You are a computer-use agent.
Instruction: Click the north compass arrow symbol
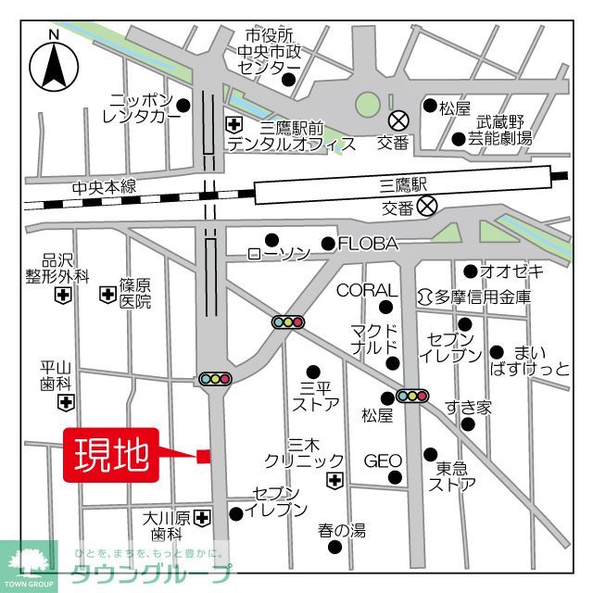[54, 64]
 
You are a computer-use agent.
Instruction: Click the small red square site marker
[204, 455]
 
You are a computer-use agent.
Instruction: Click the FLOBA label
[368, 245]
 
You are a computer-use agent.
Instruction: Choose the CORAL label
[367, 291]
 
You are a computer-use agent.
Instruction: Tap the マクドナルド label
[374, 340]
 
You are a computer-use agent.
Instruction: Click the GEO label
[382, 461]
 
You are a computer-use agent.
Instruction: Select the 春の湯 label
[342, 531]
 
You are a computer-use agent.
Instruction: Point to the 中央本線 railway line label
[104, 187]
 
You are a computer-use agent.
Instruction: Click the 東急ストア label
[453, 475]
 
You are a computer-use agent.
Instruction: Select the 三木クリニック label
[303, 452]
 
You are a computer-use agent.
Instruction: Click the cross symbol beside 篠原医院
[107, 295]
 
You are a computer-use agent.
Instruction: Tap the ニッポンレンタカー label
[141, 107]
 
